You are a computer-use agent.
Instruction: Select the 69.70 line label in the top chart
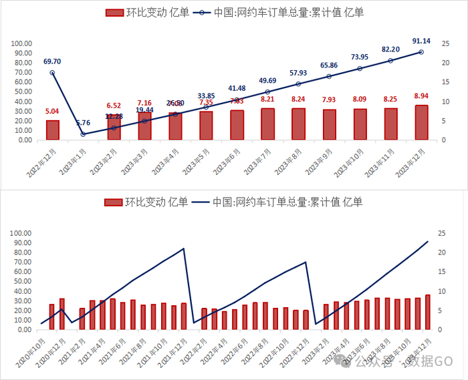52,61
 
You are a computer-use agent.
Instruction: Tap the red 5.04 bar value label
52,112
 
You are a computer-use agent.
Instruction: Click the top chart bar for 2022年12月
52,130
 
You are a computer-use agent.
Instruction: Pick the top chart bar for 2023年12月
421,123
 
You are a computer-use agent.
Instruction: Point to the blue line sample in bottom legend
200,202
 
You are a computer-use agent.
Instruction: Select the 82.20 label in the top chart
390,49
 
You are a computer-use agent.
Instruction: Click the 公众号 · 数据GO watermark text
401,361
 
